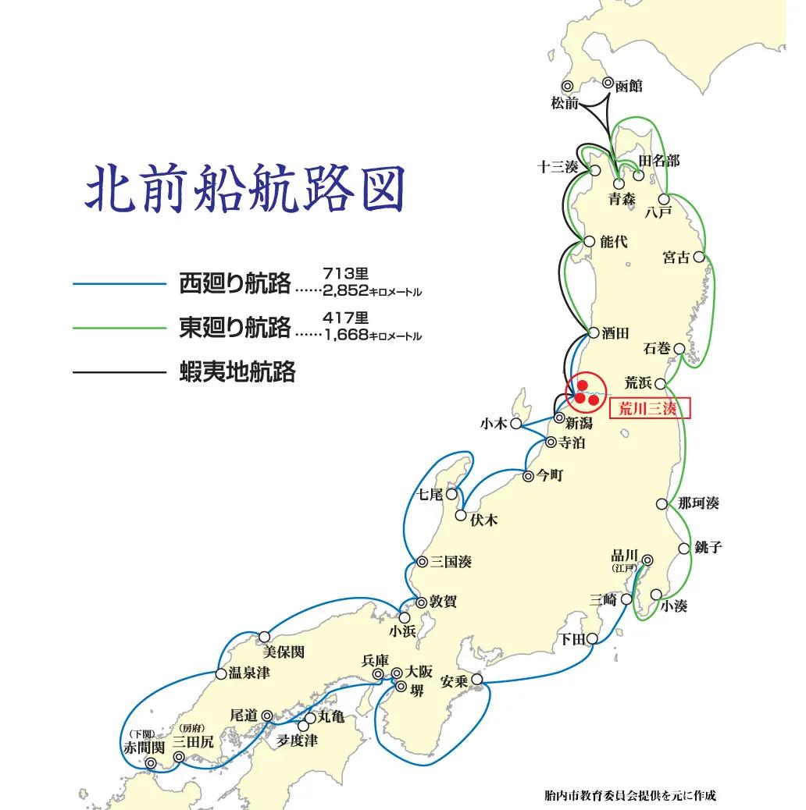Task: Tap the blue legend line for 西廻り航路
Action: coord(119,284)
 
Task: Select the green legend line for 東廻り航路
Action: coord(119,329)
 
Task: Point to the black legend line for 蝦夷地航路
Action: coord(119,373)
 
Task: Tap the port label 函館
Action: coord(629,86)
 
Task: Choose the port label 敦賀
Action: coord(444,602)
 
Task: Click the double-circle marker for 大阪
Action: coord(397,672)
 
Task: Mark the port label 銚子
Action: coord(707,547)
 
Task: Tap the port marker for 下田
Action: coord(594,638)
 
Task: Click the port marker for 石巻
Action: coord(679,349)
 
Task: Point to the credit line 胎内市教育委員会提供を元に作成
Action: coord(629,796)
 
